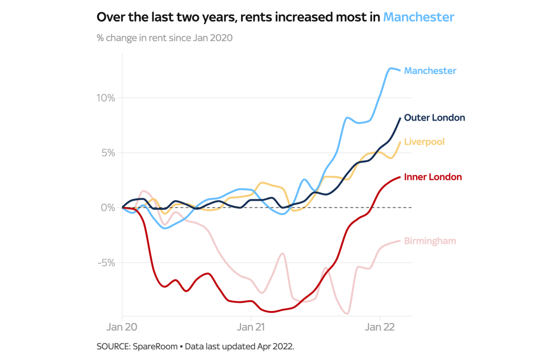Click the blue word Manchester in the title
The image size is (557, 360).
[x=418, y=17]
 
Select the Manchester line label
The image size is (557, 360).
[x=430, y=71]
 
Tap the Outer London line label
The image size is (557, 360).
[x=434, y=118]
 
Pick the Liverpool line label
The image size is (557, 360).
[x=424, y=142]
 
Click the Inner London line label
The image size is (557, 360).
[x=433, y=177]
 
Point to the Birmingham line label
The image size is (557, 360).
[x=430, y=241]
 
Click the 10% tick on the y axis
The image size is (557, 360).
[x=106, y=98]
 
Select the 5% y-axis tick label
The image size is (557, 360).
[x=108, y=153]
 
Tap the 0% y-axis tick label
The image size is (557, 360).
[x=108, y=208]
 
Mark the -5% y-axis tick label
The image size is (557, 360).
[x=106, y=263]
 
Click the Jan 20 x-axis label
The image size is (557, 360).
[x=122, y=328]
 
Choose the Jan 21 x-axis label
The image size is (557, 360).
[x=251, y=328]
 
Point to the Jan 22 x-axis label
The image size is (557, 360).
[x=380, y=328]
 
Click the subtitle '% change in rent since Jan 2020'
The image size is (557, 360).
[x=165, y=38]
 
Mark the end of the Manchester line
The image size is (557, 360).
[x=400, y=71]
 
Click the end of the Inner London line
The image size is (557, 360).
[x=400, y=177]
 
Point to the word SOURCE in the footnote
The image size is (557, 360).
[x=114, y=346]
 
